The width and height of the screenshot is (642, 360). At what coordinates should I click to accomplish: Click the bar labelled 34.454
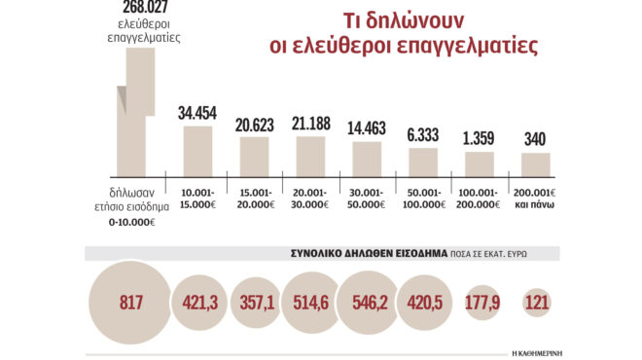[197, 150]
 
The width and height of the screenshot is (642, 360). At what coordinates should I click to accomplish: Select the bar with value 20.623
[254, 156]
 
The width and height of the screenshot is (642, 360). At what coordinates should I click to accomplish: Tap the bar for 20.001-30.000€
[310, 155]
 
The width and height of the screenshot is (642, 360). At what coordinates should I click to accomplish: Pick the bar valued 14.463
[367, 158]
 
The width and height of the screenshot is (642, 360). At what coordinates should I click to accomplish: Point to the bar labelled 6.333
[423, 161]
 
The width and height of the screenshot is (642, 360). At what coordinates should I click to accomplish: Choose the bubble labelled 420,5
[426, 304]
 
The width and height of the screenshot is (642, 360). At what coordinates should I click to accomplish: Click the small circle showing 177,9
[483, 304]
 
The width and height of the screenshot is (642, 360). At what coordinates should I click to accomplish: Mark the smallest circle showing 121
[537, 304]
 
